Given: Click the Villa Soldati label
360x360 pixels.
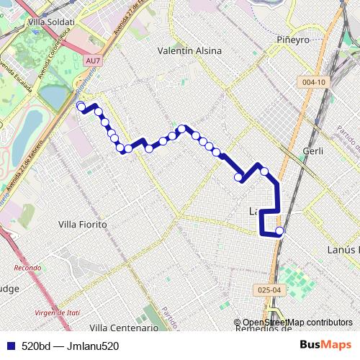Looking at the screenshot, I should (x=50, y=22).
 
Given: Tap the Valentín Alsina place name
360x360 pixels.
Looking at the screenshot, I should (x=189, y=51).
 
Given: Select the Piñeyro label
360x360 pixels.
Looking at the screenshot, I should (x=293, y=40).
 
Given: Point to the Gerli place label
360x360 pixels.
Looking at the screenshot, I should (x=313, y=151).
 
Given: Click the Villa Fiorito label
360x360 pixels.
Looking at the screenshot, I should (x=82, y=225).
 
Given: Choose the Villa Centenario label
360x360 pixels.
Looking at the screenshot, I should (x=123, y=328).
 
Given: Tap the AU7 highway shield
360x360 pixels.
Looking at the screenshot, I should (x=93, y=61).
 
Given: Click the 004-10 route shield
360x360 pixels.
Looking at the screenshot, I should (x=315, y=82).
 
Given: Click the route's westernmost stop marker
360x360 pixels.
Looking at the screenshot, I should (x=81, y=107).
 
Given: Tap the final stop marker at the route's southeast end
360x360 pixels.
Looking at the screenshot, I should (x=279, y=231).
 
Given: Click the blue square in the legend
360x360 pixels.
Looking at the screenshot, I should (x=9, y=346).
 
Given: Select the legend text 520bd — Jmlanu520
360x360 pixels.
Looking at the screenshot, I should (x=70, y=346).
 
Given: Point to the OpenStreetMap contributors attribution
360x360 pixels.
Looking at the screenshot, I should (x=297, y=323).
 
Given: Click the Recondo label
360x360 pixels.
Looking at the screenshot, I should (x=27, y=268).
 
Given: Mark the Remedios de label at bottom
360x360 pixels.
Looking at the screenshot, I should (x=264, y=330).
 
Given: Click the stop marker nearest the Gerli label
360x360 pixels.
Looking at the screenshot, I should (x=264, y=171).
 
